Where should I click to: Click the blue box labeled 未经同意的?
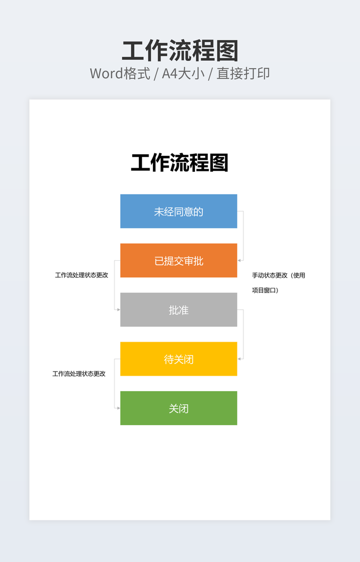(x=178, y=211)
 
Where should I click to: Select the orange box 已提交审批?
(x=178, y=261)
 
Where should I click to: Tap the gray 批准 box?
(x=178, y=310)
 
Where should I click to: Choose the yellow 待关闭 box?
(x=178, y=359)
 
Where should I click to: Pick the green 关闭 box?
(x=178, y=408)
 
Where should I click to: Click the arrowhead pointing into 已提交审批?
(x=239, y=260)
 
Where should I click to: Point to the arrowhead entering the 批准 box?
(x=118, y=309)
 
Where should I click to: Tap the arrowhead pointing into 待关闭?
(x=239, y=359)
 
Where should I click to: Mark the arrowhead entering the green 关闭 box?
(x=118, y=408)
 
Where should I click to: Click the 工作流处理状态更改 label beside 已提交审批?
(x=81, y=275)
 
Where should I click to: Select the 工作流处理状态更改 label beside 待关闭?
(x=79, y=374)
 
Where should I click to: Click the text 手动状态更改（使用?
(x=279, y=275)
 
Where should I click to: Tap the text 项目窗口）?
(x=265, y=291)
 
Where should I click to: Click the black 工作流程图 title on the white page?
(x=179, y=163)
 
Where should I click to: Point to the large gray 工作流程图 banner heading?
(x=180, y=51)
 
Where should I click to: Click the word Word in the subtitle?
(x=107, y=73)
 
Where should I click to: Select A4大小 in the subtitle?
(x=183, y=73)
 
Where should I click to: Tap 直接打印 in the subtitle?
(x=243, y=73)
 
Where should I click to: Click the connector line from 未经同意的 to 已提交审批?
(x=243, y=236)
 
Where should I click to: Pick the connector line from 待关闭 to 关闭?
(x=114, y=384)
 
